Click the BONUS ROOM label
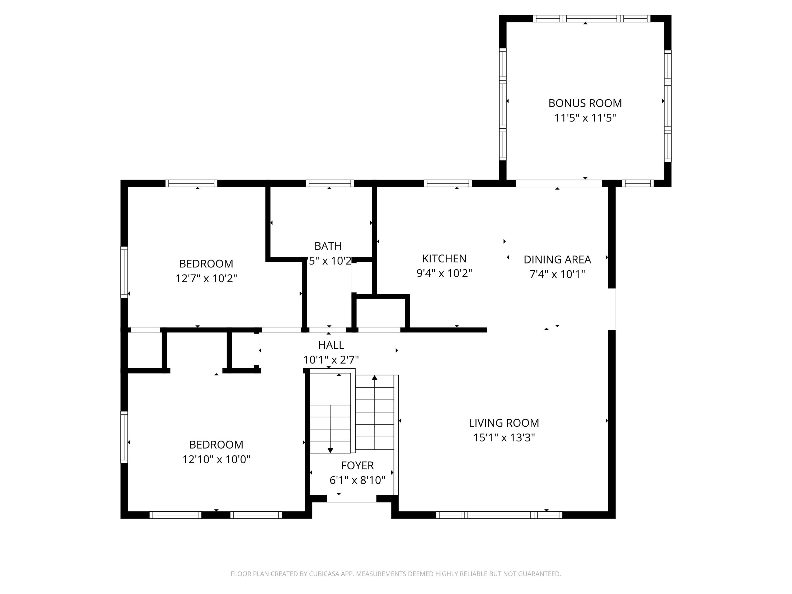pos(585,103)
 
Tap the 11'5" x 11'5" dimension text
pos(585,118)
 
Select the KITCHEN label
pos(444,258)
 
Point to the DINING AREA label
pos(557,260)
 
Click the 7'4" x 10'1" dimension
pos(557,274)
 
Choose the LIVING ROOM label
pos(504,423)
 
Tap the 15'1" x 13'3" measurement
pos(504,437)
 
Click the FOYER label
pos(357,465)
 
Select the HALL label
pos(331,345)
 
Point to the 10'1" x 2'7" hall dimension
pos(331,360)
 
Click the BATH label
pos(328,246)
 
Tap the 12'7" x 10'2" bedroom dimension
pos(206,278)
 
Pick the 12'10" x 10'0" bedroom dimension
pos(216,459)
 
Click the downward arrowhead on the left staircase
pos(330,450)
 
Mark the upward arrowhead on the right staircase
pos(375,377)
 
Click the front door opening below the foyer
pos(351,499)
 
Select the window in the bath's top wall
pos(329,183)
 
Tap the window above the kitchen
pos(447,183)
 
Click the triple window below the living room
pos(499,515)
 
